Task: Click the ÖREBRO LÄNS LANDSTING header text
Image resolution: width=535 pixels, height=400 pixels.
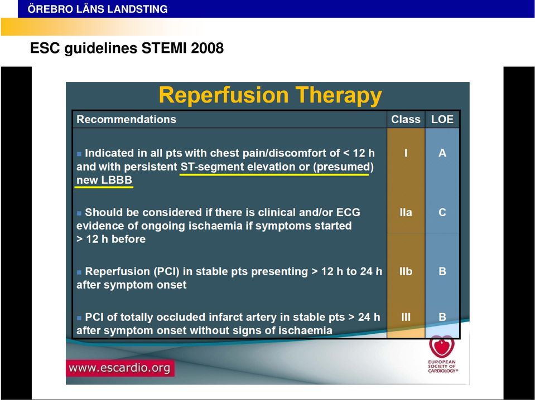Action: pos(98,9)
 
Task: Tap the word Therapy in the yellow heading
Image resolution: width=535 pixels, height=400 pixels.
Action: pos(339,96)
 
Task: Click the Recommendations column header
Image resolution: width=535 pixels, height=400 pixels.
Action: pos(126,119)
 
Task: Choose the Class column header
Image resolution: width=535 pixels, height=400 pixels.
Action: pos(406,119)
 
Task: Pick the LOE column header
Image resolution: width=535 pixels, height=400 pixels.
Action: pos(442,119)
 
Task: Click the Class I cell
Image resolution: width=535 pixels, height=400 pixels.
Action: pos(406,153)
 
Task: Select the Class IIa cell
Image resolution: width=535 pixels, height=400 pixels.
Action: pos(406,212)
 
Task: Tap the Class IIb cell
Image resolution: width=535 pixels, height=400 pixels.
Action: pos(406,271)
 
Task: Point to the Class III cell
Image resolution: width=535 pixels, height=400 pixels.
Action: pos(406,317)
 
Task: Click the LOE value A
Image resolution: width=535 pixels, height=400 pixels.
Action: pos(442,153)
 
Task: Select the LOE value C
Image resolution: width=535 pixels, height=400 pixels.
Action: pos(442,212)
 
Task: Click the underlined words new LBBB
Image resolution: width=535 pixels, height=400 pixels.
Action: pos(104,181)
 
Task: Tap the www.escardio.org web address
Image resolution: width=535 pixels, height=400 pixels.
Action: pos(119,368)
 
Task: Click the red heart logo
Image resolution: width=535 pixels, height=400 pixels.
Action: pos(442,347)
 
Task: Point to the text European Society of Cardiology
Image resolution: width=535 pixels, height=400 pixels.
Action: pos(442,366)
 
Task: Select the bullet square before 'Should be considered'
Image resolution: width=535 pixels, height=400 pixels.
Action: pos(79,213)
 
